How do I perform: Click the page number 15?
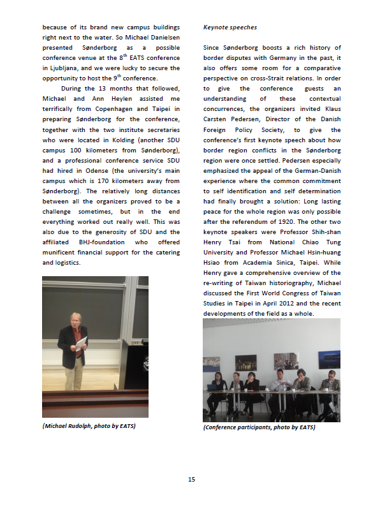191,480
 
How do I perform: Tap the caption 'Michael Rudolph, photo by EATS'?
89,425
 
